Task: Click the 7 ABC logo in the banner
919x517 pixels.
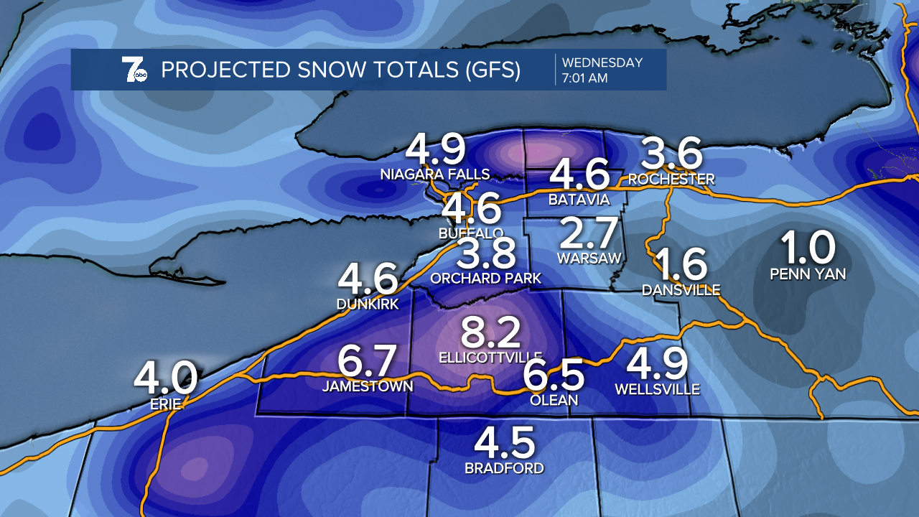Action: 134,70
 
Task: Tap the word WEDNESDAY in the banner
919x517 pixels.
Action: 602,62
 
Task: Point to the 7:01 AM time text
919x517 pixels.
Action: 584,78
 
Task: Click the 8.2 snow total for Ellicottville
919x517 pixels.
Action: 490,333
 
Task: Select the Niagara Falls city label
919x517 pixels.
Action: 436,174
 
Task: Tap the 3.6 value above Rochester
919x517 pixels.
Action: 671,154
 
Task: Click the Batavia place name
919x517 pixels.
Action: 579,199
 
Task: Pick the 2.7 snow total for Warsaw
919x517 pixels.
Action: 589,233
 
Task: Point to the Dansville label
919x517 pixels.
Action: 681,289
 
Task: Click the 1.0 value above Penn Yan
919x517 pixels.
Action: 808,248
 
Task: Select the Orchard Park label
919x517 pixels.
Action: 485,277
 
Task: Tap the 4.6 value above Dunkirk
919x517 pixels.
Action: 368,279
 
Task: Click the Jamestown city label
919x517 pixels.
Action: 368,386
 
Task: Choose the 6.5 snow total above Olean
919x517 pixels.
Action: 553,375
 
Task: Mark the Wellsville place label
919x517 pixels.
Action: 657,389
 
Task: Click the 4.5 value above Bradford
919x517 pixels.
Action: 504,443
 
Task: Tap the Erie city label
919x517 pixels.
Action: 165,404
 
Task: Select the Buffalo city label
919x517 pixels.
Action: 471,233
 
